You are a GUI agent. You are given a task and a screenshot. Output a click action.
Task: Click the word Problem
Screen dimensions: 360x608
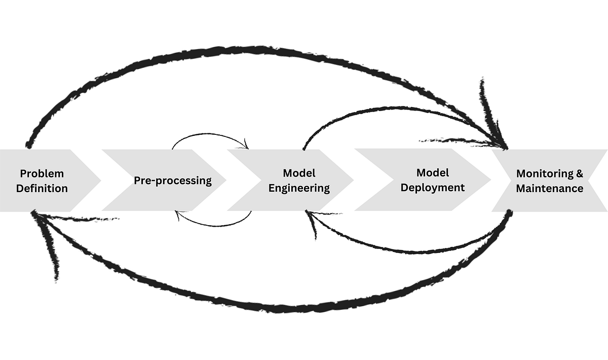[42, 173]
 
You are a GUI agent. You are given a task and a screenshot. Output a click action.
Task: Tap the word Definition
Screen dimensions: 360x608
[42, 189]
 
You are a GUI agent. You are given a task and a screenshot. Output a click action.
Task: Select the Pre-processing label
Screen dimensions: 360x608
[173, 181]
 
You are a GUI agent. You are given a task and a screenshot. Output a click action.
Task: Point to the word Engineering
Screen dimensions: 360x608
[299, 188]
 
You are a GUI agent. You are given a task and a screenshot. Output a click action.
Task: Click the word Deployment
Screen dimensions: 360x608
[433, 188]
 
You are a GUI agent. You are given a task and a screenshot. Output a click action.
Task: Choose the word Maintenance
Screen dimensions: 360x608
[550, 189]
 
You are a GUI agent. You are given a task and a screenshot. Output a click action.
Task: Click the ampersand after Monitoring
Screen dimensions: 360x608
[580, 173]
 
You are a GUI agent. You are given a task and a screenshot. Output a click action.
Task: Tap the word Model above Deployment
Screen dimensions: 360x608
[433, 173]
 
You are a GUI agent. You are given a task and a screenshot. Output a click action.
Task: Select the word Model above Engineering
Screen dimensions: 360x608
[299, 173]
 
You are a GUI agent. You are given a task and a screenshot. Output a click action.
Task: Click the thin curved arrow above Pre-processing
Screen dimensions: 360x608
[208, 135]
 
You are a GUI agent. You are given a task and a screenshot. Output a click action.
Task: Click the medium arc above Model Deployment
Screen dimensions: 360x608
[395, 110]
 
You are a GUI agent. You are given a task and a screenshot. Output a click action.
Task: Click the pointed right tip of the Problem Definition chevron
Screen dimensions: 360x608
[99, 181]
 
